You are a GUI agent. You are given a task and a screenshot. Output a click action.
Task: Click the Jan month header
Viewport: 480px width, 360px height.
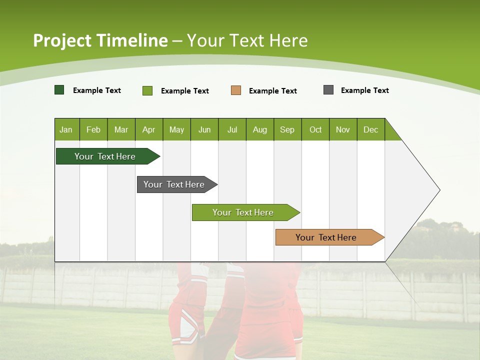[x=66, y=129]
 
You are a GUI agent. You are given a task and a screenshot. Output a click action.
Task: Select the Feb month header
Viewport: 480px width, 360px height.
[x=93, y=129]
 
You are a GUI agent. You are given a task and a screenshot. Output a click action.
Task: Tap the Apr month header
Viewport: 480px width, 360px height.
[x=148, y=129]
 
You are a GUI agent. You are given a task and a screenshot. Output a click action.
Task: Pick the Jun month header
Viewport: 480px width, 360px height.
[x=204, y=129]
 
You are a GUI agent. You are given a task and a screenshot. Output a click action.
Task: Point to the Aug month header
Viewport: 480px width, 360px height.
[x=259, y=129]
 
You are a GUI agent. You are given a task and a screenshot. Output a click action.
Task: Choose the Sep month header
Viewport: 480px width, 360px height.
[x=287, y=129]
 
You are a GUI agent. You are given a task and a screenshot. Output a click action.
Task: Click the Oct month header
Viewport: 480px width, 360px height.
[x=315, y=129]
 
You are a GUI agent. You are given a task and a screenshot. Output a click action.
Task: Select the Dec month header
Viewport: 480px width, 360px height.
[x=370, y=129]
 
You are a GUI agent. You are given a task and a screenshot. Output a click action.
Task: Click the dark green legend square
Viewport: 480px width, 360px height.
[x=59, y=90]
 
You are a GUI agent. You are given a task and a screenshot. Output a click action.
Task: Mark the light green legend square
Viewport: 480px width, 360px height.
[x=147, y=90]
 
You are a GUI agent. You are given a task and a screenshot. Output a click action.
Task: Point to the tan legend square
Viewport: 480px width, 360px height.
[x=236, y=90]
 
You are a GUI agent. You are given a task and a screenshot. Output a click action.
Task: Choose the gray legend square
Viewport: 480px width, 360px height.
[x=328, y=90]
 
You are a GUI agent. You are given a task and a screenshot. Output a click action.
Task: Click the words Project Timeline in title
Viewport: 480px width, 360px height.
[x=100, y=40]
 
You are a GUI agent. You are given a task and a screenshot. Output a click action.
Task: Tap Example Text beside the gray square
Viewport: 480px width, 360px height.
[x=364, y=90]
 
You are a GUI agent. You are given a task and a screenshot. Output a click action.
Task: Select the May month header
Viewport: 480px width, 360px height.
[x=176, y=129]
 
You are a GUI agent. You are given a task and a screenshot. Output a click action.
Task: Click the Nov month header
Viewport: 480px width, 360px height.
[x=343, y=129]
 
